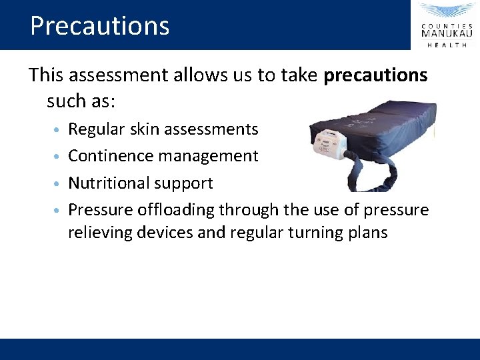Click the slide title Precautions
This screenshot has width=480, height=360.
click(x=100, y=26)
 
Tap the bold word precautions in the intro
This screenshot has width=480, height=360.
click(x=375, y=75)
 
